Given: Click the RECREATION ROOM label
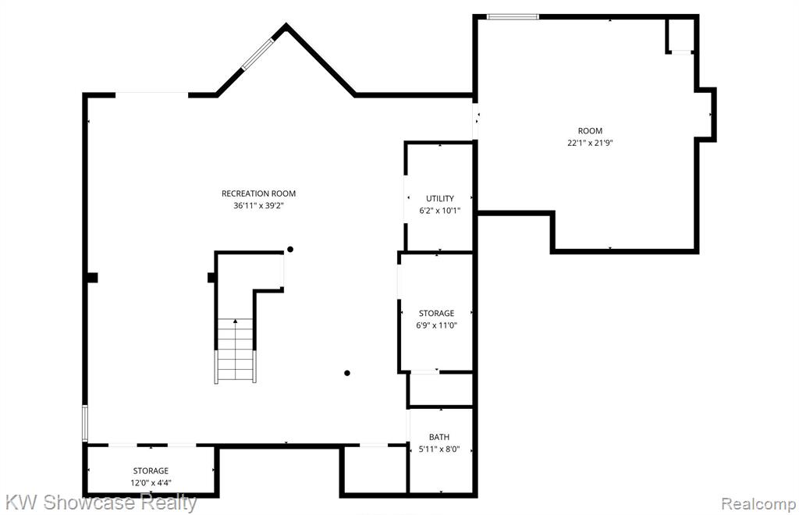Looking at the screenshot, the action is coord(258,194).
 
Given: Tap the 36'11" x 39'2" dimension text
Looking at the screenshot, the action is coord(258,206).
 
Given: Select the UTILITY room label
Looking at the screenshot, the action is coord(440,199).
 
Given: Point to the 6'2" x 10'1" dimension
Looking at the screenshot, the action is coord(440,211).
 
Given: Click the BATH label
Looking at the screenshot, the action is coord(439,437).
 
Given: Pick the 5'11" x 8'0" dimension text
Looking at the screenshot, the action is coord(439,449).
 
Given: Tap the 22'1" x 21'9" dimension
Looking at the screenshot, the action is coord(590,143).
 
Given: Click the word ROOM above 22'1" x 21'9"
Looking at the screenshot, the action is coord(590,131).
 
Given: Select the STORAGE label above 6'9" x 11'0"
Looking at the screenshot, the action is coord(437,313).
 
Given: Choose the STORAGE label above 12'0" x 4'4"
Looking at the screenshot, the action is coord(151,471).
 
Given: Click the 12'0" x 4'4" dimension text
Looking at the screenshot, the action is coord(151,483).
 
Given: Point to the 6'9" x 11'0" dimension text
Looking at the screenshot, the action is coord(437,325).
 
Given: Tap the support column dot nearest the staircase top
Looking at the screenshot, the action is coord(290,249).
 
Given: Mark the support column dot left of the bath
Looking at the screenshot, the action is coord(347,373).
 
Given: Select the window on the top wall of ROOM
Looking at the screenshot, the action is coord(513,17).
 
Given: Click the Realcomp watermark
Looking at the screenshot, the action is coord(758,504).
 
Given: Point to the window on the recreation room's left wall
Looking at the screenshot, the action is coord(85,423).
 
